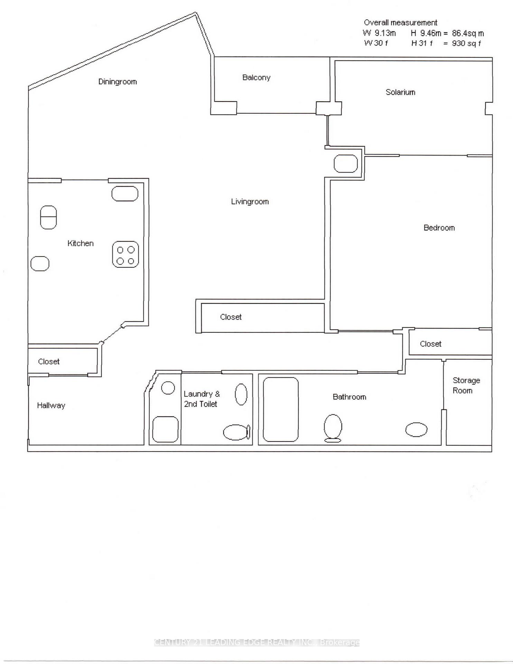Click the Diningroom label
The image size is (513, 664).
coord(118,82)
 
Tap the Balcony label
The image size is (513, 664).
coord(256,77)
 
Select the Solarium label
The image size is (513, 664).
coord(400,92)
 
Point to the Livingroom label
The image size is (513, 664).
coord(250,202)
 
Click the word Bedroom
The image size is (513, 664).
coord(439,228)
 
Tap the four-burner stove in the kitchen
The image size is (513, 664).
coord(125,255)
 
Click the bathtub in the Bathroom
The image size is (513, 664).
coord(281,409)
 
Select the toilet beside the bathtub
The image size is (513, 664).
coord(333,428)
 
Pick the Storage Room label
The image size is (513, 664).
coord(466,385)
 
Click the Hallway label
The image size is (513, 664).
coord(51,405)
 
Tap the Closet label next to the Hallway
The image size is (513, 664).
coord(49,361)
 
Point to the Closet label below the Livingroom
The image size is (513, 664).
coord(231,317)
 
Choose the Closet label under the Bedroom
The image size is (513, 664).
coord(430,344)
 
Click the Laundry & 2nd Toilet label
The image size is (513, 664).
coord(202,399)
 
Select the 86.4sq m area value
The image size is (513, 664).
coord(468,33)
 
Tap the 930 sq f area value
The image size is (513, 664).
coord(466,43)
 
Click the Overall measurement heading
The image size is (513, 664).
coord(400,22)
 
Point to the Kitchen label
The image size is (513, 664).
coord(81,243)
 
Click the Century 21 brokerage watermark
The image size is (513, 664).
coord(256,643)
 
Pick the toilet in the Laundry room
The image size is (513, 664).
coord(237,432)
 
